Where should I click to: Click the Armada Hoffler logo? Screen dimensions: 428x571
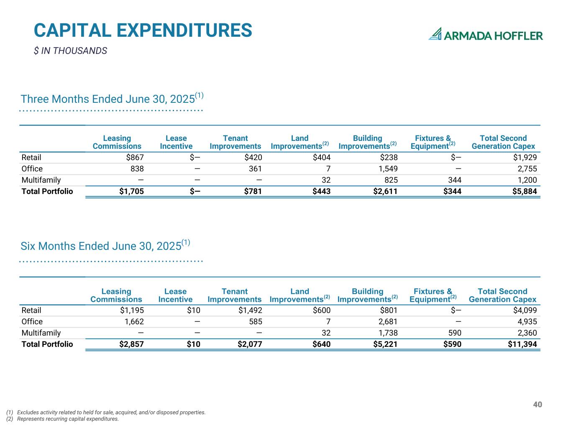[486, 35]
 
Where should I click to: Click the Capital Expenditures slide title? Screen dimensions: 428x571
[143, 31]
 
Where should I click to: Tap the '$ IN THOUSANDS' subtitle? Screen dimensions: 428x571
[70, 51]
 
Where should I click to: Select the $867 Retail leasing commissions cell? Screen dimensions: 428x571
[135, 158]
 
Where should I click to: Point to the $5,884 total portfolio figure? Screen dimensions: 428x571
[525, 191]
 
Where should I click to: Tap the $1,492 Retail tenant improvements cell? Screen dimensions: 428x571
[250, 311]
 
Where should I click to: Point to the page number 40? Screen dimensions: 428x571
[538, 405]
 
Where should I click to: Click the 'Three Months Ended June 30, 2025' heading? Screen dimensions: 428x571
[112, 99]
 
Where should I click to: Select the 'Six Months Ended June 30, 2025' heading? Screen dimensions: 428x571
[105, 246]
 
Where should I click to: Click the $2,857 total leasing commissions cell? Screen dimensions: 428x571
[132, 344]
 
